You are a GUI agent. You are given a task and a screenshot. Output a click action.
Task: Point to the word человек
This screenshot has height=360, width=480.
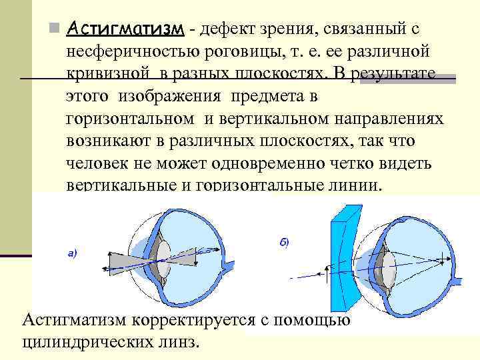95,163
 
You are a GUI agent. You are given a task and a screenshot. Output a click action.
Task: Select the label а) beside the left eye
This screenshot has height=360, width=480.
73,253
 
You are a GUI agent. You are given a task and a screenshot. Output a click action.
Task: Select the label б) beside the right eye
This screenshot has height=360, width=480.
283,243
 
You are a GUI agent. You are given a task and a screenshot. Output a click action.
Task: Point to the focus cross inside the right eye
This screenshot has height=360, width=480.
437,256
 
